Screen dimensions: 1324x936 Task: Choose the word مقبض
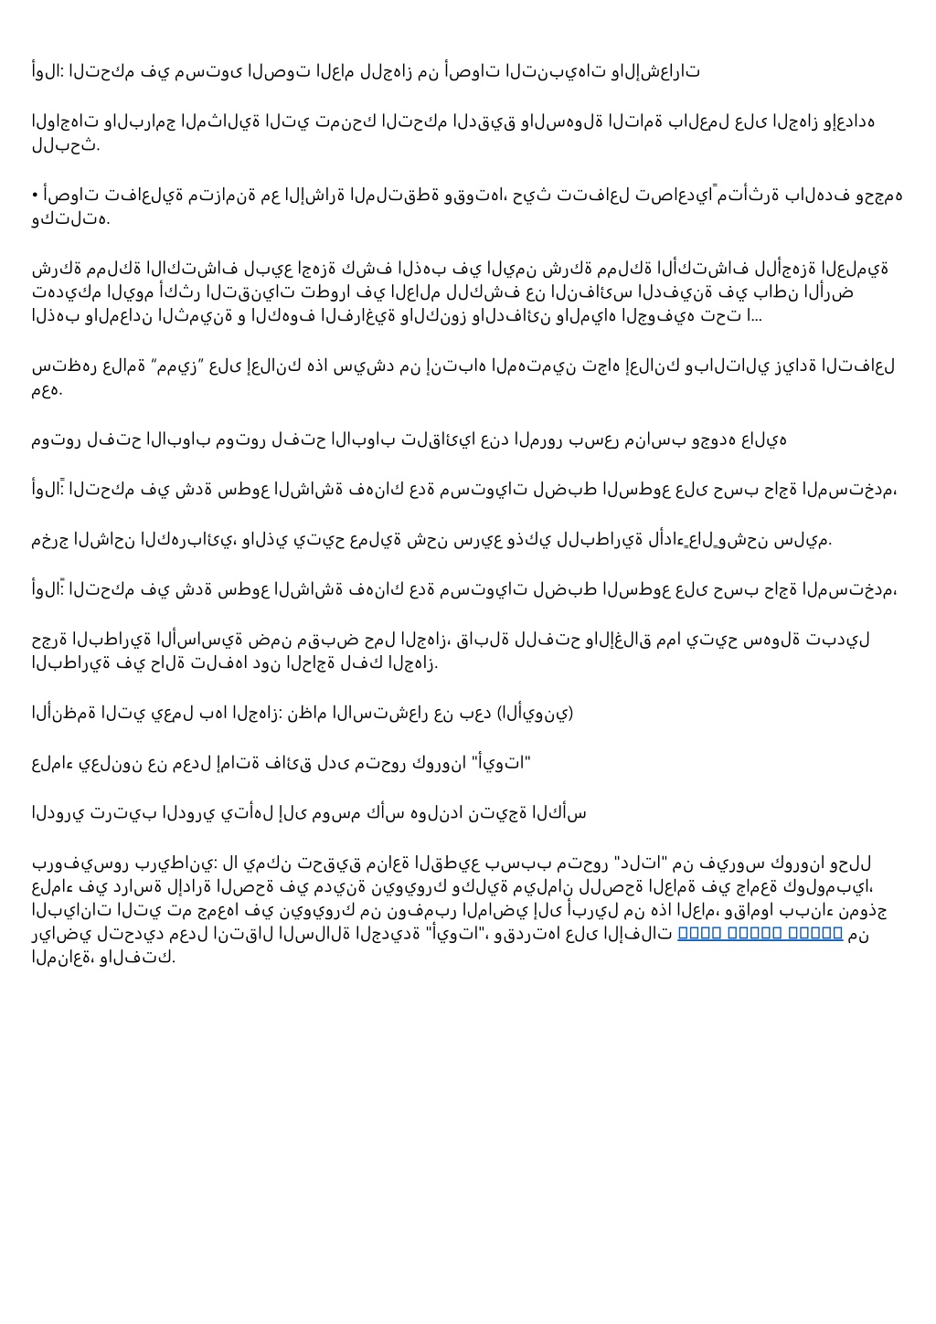(313, 639)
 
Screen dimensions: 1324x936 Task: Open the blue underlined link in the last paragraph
(760, 935)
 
